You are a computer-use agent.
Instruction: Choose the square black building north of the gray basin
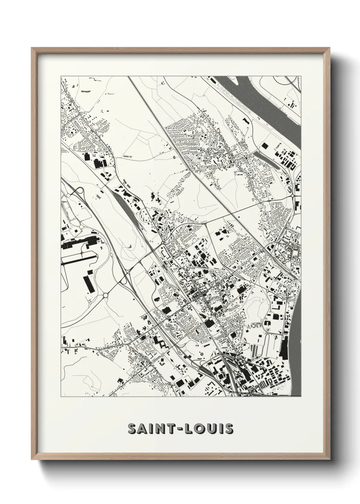264,145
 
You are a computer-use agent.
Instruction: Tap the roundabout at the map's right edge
293,195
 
